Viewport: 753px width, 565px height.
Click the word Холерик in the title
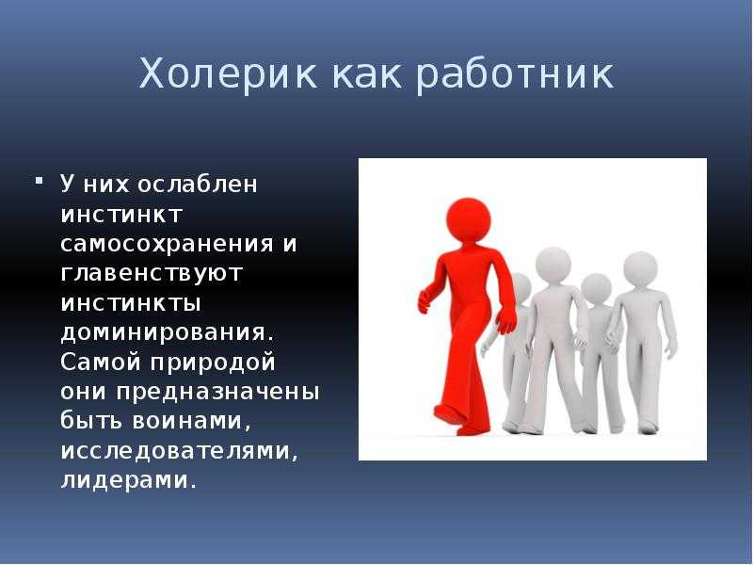228,73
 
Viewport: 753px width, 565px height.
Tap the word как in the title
366,74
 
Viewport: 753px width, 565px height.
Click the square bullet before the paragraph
39,181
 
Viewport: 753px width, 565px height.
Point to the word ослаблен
198,184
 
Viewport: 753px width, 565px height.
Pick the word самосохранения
168,244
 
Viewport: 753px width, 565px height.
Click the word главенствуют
152,273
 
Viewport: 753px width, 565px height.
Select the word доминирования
163,333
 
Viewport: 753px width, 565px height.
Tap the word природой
213,363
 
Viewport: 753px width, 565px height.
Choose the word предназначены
217,392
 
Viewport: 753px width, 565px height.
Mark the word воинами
191,421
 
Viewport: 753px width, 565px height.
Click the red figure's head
468,220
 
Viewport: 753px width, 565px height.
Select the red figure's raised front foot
446,415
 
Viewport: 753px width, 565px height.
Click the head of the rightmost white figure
640,269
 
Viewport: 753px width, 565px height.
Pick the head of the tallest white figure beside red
553,265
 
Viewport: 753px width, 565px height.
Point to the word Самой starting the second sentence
102,362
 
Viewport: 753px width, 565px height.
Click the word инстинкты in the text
131,303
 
